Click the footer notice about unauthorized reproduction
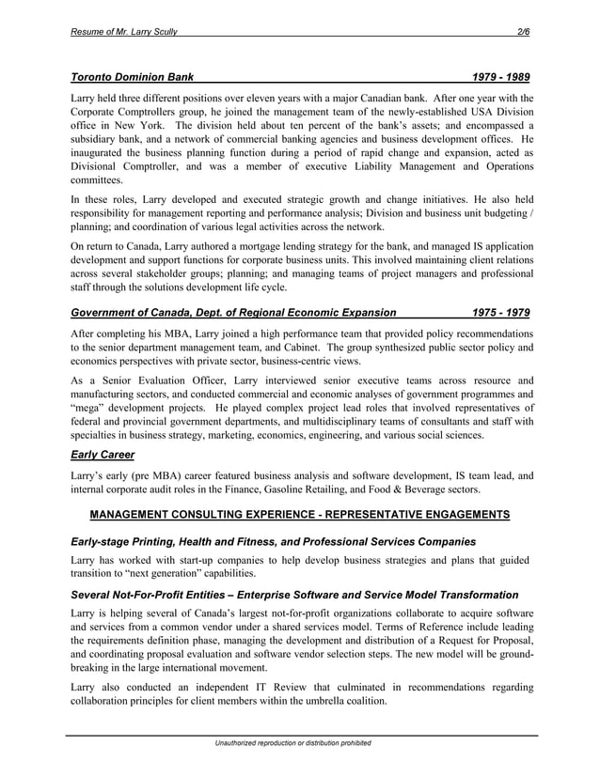point(293,743)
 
